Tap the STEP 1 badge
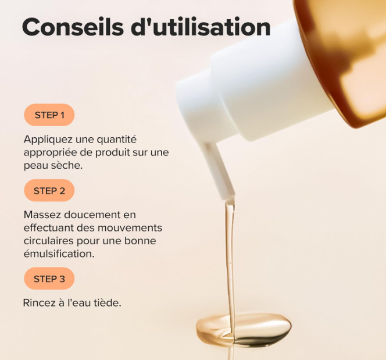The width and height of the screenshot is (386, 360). (x=49, y=115)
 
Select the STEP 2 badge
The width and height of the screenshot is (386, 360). (x=49, y=191)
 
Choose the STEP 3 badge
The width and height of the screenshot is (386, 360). (x=49, y=279)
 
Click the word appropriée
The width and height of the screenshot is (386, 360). (x=53, y=152)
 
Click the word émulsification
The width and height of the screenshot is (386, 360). (x=59, y=254)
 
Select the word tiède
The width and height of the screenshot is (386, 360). (x=108, y=303)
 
